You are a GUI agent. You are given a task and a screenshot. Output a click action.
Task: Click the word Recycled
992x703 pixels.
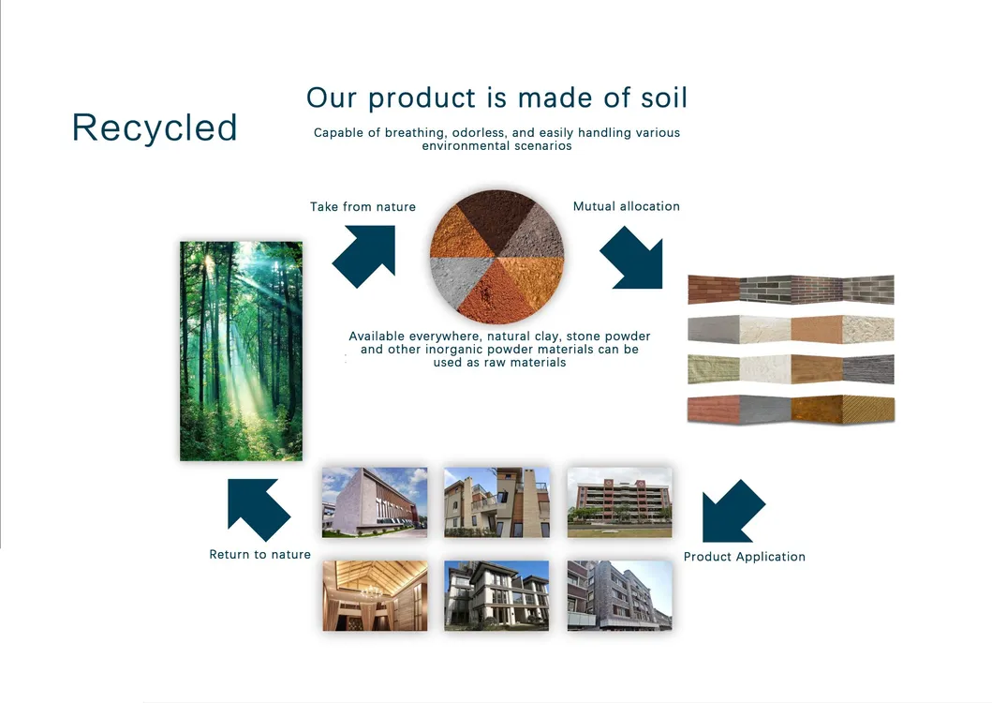pyautogui.click(x=155, y=127)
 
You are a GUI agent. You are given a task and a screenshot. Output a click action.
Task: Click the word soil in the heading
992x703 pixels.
pyautogui.click(x=663, y=97)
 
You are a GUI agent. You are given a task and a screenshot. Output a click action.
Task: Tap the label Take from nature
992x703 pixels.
pyautogui.click(x=363, y=206)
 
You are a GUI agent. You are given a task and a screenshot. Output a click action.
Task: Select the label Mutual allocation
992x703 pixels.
pyautogui.click(x=627, y=206)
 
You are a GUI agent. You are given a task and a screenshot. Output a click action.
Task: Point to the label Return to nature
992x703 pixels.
pyautogui.click(x=260, y=554)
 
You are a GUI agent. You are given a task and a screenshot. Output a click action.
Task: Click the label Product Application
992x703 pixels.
pyautogui.click(x=745, y=557)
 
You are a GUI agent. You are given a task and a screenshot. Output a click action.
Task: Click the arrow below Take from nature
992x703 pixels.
pyautogui.click(x=364, y=256)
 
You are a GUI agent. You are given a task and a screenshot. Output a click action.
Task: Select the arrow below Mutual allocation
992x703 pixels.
pyautogui.click(x=631, y=257)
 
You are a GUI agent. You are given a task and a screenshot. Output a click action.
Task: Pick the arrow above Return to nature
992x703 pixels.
pyautogui.click(x=259, y=510)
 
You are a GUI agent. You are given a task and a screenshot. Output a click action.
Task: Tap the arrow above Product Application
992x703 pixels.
pyautogui.click(x=733, y=511)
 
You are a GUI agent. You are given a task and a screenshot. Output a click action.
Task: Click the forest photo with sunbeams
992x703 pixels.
pyautogui.click(x=241, y=351)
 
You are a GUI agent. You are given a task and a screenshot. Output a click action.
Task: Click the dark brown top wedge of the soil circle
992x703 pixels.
pyautogui.click(x=497, y=217)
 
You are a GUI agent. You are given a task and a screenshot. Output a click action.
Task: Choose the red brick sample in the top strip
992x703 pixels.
pyautogui.click(x=714, y=290)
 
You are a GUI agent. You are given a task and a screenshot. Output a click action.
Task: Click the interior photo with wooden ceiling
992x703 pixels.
pyautogui.click(x=376, y=595)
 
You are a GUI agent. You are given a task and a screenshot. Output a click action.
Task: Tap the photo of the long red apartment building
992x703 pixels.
pyautogui.click(x=620, y=502)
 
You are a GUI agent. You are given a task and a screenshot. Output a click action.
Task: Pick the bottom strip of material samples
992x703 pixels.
pyautogui.click(x=791, y=409)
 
